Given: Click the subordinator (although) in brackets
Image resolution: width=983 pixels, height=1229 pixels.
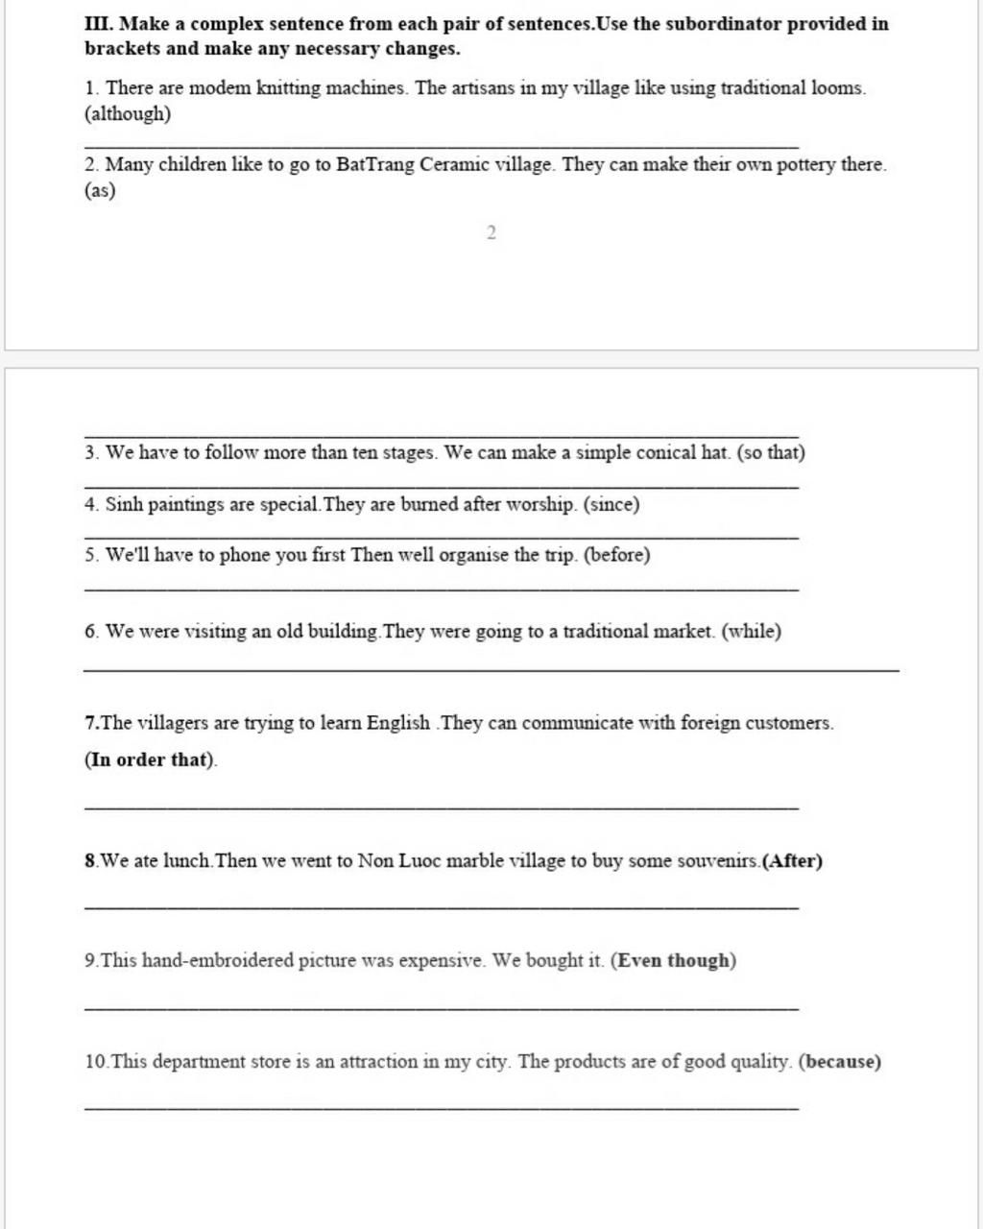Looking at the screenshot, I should pyautogui.click(x=128, y=114).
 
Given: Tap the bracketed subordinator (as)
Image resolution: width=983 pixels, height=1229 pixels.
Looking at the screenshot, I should pyautogui.click(x=100, y=190).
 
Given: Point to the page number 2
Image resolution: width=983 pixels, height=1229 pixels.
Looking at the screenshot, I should pyautogui.click(x=491, y=232).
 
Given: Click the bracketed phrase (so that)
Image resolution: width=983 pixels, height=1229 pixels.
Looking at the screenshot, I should pyautogui.click(x=770, y=452).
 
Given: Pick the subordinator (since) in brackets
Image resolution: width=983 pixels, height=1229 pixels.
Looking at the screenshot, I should pyautogui.click(x=611, y=504).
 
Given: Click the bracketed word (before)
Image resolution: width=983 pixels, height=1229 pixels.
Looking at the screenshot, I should pyautogui.click(x=616, y=555).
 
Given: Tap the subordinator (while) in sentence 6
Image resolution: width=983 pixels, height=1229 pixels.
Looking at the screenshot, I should pyautogui.click(x=751, y=632).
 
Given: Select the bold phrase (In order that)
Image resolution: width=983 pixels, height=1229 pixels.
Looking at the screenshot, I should pyautogui.click(x=151, y=760).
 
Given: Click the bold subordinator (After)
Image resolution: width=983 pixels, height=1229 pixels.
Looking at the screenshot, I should pyautogui.click(x=792, y=861).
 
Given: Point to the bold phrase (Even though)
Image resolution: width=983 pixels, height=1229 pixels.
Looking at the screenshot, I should pyautogui.click(x=674, y=961).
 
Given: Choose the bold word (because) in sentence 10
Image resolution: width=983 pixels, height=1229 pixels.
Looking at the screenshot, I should pyautogui.click(x=840, y=1062).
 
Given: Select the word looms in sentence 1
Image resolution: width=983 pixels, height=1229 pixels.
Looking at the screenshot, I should pyautogui.click(x=837, y=88).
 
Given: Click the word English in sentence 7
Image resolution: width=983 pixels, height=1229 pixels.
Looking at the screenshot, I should pyautogui.click(x=397, y=723).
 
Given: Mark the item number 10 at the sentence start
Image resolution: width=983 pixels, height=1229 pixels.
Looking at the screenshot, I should pyautogui.click(x=96, y=1062).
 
